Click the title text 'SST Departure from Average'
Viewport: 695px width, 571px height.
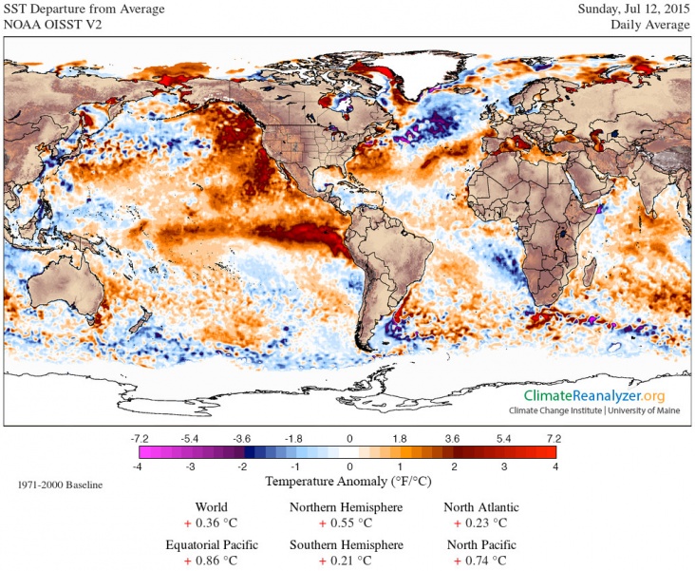coord(85,9)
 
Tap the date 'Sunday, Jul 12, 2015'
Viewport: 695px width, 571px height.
coord(633,9)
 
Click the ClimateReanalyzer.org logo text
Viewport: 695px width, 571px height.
coord(594,395)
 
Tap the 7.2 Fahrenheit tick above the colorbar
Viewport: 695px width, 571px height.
coord(554,438)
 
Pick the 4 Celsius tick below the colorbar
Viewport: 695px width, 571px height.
coord(555,467)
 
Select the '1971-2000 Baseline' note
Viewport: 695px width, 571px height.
coord(60,485)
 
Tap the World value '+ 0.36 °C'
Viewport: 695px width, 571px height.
coord(211,523)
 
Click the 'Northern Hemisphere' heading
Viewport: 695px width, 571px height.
coord(346,507)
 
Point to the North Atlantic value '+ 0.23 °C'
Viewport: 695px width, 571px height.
coord(480,523)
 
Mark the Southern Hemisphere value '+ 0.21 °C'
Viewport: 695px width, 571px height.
coord(346,561)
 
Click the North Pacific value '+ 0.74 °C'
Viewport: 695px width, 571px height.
coord(480,561)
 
